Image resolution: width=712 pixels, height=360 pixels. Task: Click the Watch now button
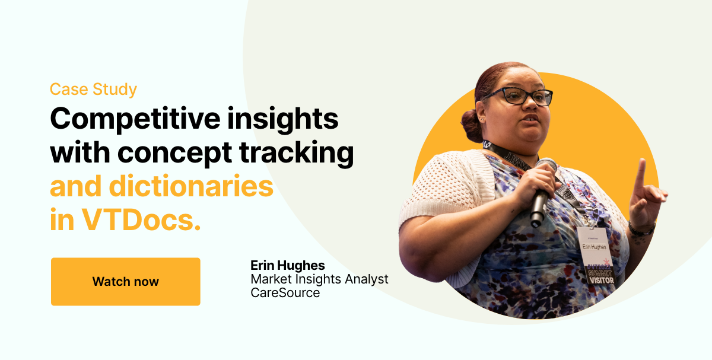pyautogui.click(x=125, y=282)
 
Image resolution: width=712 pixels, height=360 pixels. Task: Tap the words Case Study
pyautogui.click(x=93, y=90)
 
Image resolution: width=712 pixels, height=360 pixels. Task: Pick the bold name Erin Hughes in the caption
pyautogui.click(x=288, y=265)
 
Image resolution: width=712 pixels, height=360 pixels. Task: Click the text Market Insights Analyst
pyautogui.click(x=319, y=279)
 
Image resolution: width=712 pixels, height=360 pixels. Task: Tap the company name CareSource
pyautogui.click(x=285, y=293)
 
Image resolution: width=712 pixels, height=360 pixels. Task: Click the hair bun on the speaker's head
pyautogui.click(x=472, y=124)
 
